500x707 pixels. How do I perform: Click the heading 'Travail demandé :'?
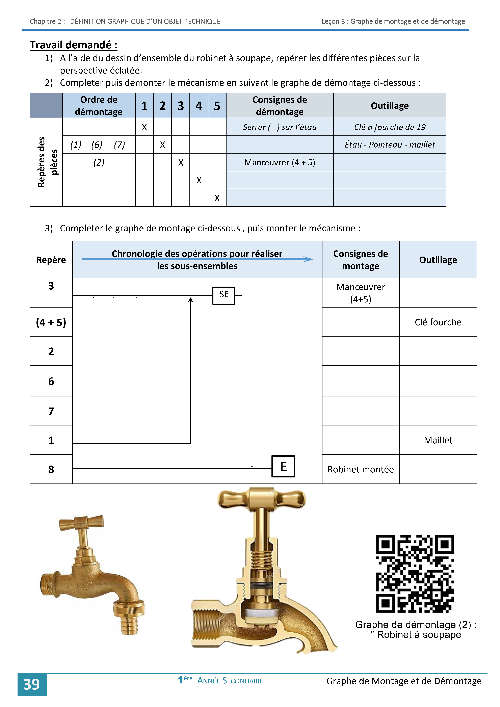click(73, 45)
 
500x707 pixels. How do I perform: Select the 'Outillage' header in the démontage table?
click(390, 106)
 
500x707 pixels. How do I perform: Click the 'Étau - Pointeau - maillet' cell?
click(390, 145)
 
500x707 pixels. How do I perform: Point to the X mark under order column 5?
click(217, 198)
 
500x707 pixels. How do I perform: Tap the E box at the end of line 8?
click(283, 466)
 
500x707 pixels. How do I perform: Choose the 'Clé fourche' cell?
click(438, 322)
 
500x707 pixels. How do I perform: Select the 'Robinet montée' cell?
click(361, 469)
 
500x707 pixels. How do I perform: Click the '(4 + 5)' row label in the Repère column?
click(51, 322)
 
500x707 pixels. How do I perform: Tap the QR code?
click(415, 573)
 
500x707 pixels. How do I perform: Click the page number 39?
click(32, 684)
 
